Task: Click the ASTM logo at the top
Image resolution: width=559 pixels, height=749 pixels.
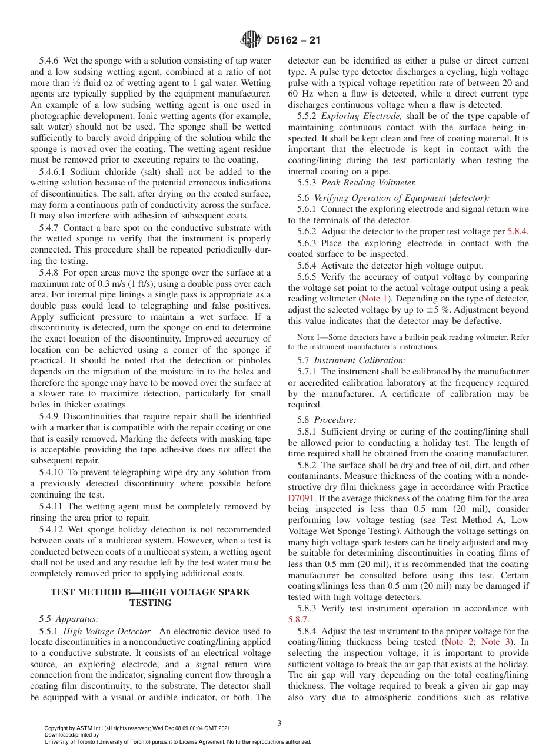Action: click(251, 40)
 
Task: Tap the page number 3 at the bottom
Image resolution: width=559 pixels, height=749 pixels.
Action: click(279, 723)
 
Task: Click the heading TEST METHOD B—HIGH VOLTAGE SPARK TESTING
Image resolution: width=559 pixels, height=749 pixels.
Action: click(151, 597)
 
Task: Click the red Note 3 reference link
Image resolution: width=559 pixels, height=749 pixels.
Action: click(495, 642)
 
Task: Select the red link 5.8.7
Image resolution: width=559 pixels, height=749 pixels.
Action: click(298, 619)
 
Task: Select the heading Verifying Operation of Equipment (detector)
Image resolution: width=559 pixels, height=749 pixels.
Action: click(401, 198)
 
